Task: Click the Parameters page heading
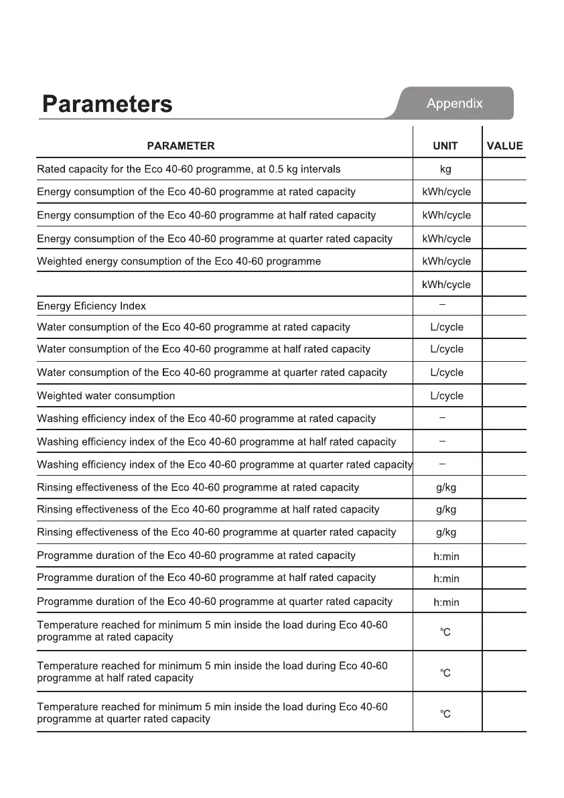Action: [107, 105]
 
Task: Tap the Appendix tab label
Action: [454, 104]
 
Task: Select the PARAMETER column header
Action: [181, 145]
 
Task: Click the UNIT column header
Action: [445, 145]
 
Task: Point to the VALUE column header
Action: [504, 145]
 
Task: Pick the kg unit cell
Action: [445, 170]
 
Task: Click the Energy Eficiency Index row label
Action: [91, 306]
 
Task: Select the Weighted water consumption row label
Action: [106, 396]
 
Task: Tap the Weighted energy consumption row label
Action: [179, 261]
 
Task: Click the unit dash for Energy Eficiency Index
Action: [443, 305]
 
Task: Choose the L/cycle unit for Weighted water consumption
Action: [447, 396]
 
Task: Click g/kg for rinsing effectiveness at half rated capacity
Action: [446, 510]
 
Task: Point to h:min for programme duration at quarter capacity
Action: [446, 602]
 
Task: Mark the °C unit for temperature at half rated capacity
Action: [445, 673]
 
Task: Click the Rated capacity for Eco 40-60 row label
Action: [188, 170]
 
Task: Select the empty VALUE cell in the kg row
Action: [504, 170]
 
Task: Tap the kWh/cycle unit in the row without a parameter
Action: [446, 285]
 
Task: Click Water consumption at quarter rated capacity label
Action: [212, 373]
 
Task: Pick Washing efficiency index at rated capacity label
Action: [206, 419]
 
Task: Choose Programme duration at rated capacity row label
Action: [196, 555]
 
